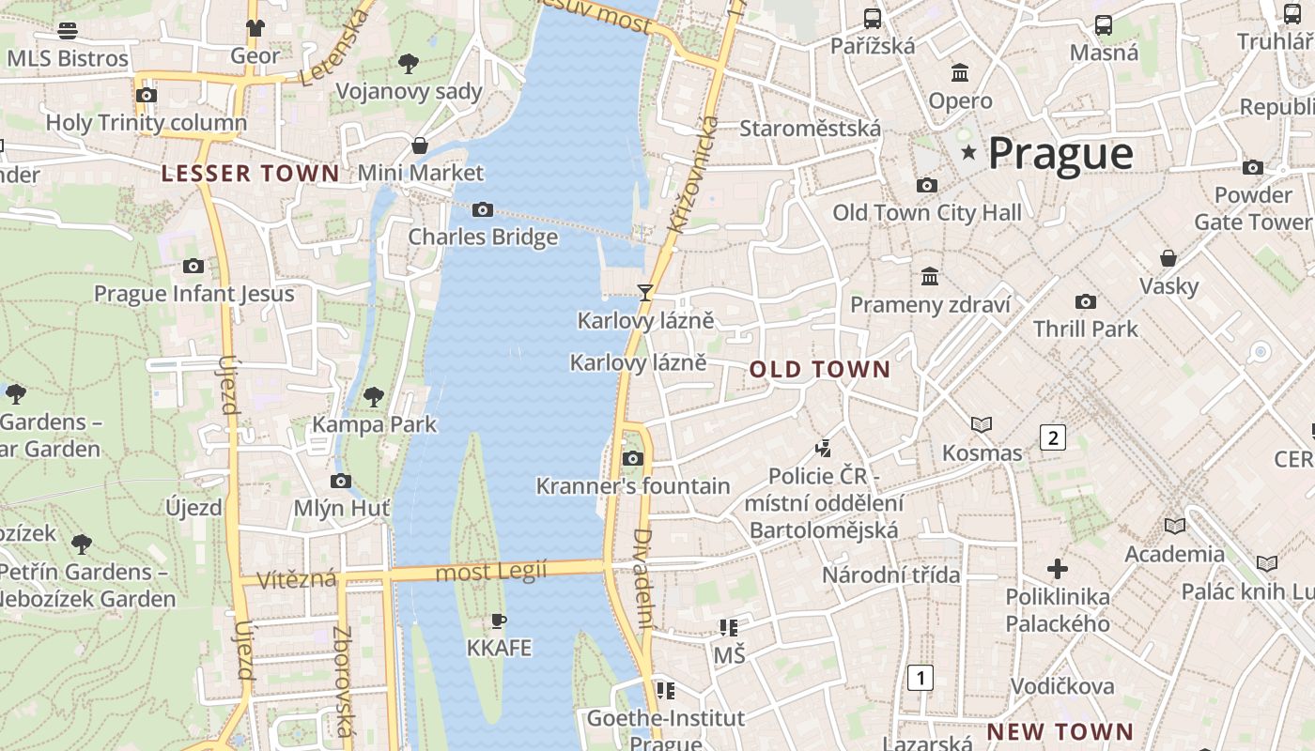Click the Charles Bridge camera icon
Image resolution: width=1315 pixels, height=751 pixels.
(482, 209)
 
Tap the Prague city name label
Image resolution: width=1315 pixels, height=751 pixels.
(1060, 154)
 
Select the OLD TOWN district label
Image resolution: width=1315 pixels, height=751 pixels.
(819, 370)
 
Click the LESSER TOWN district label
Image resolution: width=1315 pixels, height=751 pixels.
(250, 174)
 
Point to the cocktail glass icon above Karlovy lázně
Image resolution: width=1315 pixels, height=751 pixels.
(645, 293)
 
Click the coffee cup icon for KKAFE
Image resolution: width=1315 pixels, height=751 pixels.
(499, 621)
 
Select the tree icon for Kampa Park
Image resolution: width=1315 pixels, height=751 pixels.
(374, 396)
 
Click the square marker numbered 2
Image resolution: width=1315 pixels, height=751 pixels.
(1053, 437)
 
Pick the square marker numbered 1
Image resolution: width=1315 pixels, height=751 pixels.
(921, 678)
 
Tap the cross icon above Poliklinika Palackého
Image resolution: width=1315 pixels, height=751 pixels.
(1058, 569)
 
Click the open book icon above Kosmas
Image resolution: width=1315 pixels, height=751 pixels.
(982, 425)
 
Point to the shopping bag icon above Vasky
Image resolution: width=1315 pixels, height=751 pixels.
(1168, 258)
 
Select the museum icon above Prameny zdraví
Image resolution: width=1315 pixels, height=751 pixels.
(930, 276)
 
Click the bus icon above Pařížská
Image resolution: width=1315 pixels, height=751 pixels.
(873, 18)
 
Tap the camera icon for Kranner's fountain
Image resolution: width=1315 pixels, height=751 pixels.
(633, 458)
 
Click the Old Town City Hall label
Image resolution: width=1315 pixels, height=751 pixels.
(926, 213)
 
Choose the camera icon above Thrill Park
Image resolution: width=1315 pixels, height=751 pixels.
(1086, 301)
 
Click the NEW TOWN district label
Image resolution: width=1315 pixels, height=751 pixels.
(1060, 731)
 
